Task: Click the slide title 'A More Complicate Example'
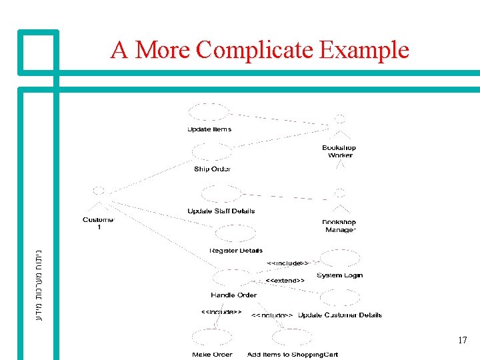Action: (259, 50)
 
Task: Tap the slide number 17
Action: (462, 341)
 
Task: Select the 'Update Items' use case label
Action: (209, 129)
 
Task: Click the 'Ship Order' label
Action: (212, 169)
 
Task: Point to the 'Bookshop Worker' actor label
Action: (339, 151)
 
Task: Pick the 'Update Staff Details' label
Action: (221, 211)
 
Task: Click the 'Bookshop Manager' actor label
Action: (339, 226)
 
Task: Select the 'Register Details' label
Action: (236, 251)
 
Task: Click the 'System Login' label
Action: (339, 275)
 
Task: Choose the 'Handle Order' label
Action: (233, 295)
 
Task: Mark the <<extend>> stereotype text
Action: (285, 281)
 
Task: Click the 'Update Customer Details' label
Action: (340, 315)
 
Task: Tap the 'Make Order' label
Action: (212, 355)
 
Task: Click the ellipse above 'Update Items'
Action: (209, 112)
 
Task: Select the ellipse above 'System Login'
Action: (339, 259)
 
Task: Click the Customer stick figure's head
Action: (99, 191)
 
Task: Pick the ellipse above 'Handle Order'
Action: (231, 277)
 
